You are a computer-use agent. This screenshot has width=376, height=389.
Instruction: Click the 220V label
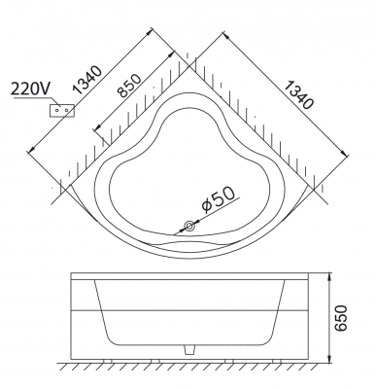pos(30,88)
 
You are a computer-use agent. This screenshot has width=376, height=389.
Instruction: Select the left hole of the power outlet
pos(57,110)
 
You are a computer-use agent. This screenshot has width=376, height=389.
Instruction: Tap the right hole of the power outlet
pos(66,110)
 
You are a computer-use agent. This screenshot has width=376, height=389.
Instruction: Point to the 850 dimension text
pos(129,86)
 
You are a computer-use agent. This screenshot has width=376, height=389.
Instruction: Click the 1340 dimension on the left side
pos(86,80)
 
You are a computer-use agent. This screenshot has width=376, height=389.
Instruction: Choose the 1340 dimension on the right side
pos(298,94)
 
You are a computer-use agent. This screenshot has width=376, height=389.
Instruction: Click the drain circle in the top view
pos(189,226)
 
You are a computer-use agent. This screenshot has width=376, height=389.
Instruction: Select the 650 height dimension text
pos(340,318)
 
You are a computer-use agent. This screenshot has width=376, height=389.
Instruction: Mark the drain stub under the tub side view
pos(189,349)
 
